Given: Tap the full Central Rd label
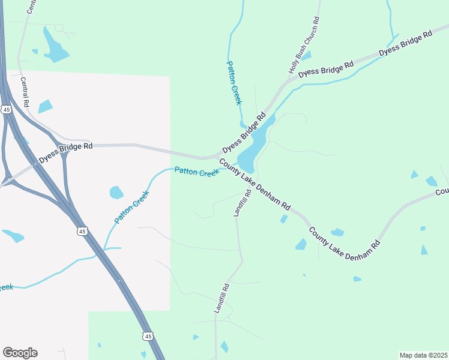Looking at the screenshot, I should click(x=25, y=92).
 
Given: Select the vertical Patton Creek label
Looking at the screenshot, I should click(x=234, y=83).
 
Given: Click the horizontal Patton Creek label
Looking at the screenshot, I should click(x=197, y=172).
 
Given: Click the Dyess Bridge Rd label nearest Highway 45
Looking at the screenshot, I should click(x=66, y=152).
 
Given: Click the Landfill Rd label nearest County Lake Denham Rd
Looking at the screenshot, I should click(x=241, y=204).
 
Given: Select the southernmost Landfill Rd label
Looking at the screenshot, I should click(x=222, y=298).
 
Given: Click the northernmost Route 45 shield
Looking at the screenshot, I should click(x=7, y=110).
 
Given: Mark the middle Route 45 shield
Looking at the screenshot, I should click(x=82, y=231).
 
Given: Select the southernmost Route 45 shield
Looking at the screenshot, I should click(x=148, y=337).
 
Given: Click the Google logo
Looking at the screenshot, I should click(x=20, y=353).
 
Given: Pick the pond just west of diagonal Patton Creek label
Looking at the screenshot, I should click(x=116, y=193).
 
